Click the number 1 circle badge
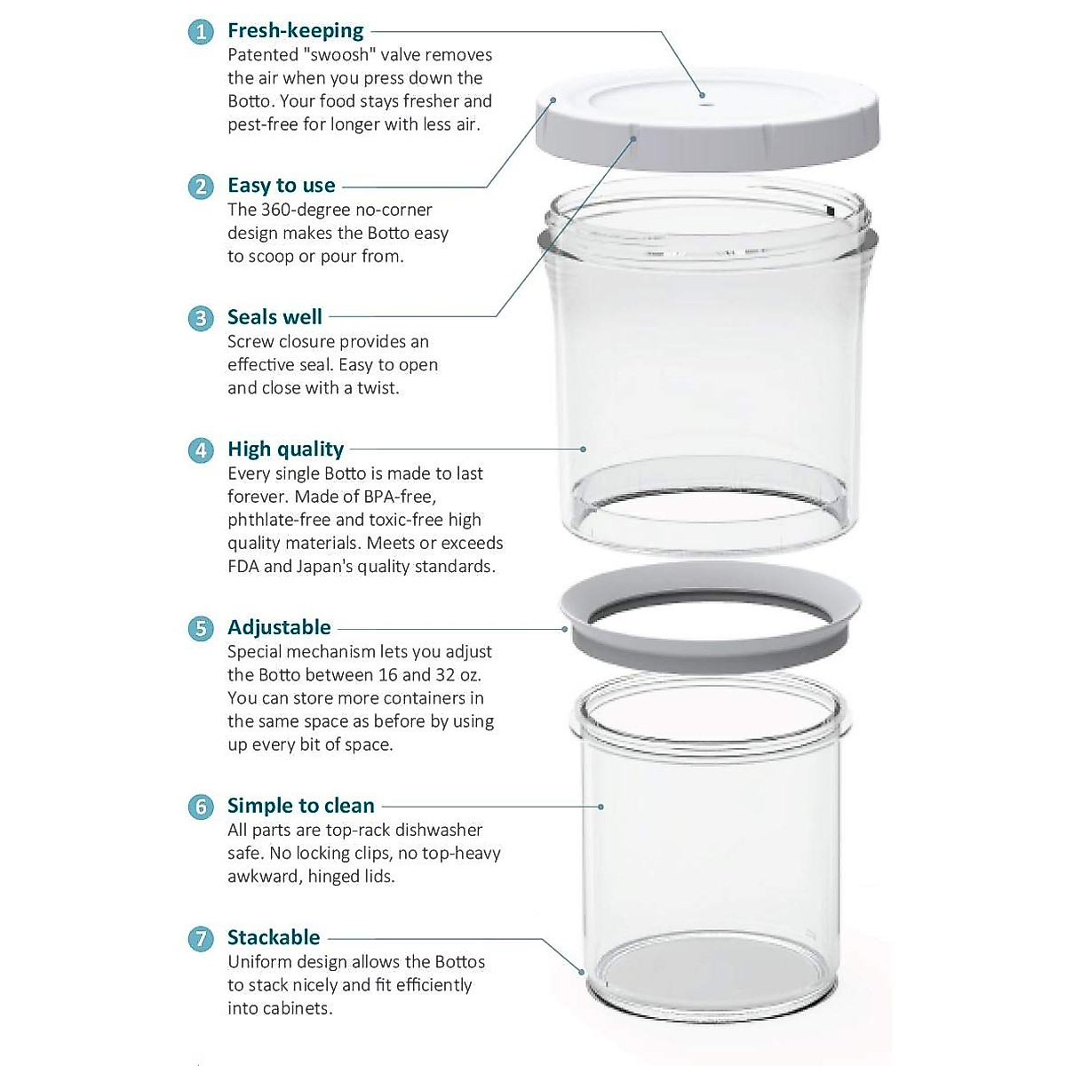[201, 32]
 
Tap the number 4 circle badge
[201, 450]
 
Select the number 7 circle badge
[201, 939]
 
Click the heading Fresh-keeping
[295, 30]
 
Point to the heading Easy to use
[281, 186]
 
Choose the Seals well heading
[274, 317]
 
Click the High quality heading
[285, 449]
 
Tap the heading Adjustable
[279, 627]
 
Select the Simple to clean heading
[300, 806]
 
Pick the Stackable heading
[274, 937]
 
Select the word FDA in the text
[243, 566]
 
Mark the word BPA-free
[396, 497]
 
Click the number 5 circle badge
[201, 628]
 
